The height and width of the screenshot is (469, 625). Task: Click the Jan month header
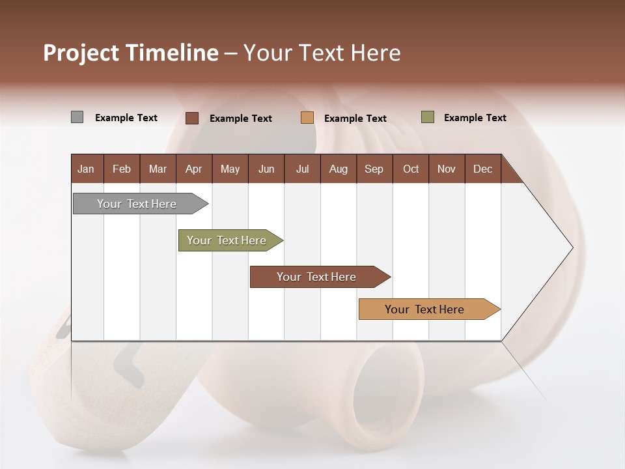(x=87, y=169)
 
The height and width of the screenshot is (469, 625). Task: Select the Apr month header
(x=193, y=169)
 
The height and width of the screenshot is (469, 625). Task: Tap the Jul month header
(x=302, y=169)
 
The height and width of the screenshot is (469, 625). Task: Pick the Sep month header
(x=374, y=169)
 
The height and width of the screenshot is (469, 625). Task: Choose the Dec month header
(x=482, y=169)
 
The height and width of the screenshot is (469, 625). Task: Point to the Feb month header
(x=122, y=169)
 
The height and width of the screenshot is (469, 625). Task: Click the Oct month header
(x=411, y=169)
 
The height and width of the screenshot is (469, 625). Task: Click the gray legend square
(x=77, y=117)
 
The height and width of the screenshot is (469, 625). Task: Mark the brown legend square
(x=191, y=118)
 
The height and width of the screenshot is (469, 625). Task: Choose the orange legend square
(x=307, y=118)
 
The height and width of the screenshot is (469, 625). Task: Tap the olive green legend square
(x=427, y=117)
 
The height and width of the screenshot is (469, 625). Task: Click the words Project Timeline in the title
(x=130, y=53)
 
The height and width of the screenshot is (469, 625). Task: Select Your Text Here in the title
(x=322, y=53)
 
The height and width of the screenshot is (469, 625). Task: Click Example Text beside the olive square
(x=475, y=118)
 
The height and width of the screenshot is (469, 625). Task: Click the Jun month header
(x=266, y=169)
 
